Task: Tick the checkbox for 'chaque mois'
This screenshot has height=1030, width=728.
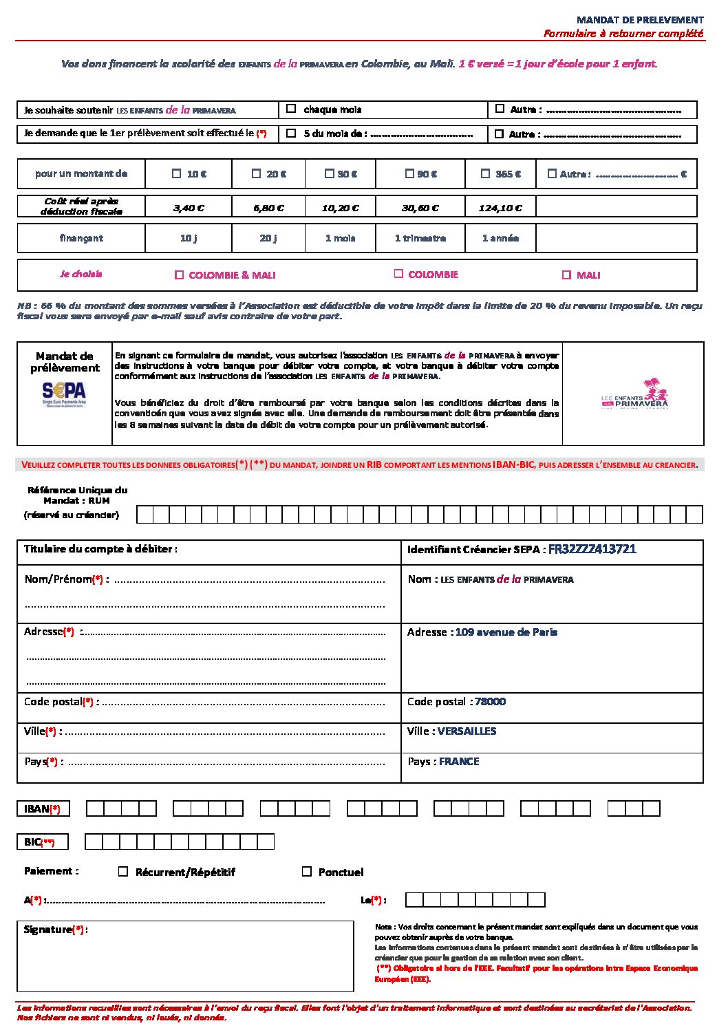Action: pyautogui.click(x=291, y=109)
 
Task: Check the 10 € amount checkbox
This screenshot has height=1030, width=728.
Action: pyautogui.click(x=177, y=174)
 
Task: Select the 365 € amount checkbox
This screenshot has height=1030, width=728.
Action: pyautogui.click(x=486, y=174)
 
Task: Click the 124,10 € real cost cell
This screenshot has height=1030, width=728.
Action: pyautogui.click(x=500, y=208)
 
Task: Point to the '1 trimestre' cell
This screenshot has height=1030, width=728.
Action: pyautogui.click(x=420, y=238)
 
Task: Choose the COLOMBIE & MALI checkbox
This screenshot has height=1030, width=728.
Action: pyautogui.click(x=180, y=275)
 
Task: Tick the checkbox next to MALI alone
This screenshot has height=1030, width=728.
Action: pyautogui.click(x=566, y=275)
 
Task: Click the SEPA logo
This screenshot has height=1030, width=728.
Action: pyautogui.click(x=64, y=394)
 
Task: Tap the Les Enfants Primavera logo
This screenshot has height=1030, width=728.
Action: pyautogui.click(x=634, y=394)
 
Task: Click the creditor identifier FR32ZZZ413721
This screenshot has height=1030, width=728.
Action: pyautogui.click(x=592, y=549)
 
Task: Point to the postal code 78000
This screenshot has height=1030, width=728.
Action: pyautogui.click(x=490, y=702)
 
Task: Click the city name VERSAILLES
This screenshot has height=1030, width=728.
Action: pyautogui.click(x=467, y=731)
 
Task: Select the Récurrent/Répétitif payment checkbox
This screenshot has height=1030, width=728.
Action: pyautogui.click(x=123, y=872)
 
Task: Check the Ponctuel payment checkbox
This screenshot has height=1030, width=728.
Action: pyautogui.click(x=307, y=872)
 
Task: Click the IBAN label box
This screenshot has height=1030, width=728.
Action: pyautogui.click(x=43, y=809)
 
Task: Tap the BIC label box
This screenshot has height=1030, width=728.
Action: pyautogui.click(x=43, y=842)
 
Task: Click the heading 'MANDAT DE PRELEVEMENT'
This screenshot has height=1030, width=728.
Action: pyautogui.click(x=640, y=20)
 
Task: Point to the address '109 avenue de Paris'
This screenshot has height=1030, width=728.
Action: pyautogui.click(x=506, y=632)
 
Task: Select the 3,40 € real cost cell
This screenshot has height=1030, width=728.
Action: pyautogui.click(x=189, y=208)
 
